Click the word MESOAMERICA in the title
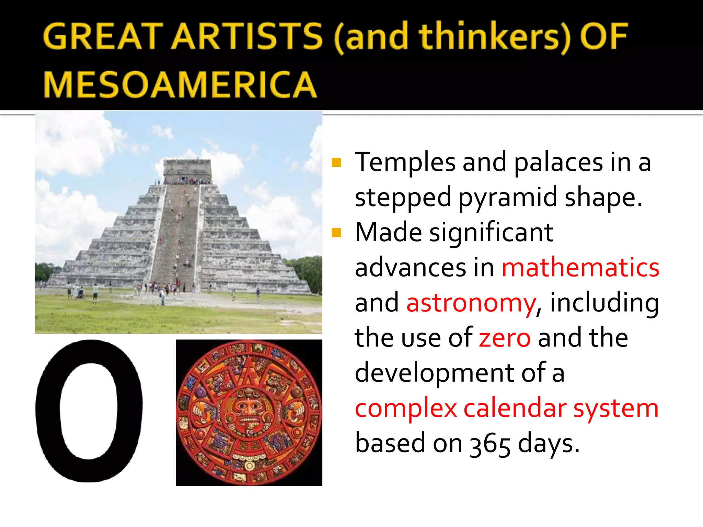point(180,84)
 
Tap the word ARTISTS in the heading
point(247,36)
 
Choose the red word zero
point(505,338)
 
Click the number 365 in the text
point(490,444)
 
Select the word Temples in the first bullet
point(405,162)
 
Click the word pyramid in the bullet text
point(508,198)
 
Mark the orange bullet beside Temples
point(336,162)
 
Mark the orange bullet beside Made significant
point(336,233)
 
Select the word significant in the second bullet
point(491,233)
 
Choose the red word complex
point(406,408)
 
